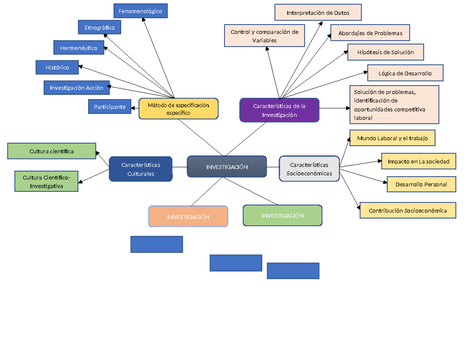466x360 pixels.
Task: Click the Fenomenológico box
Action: [x=141, y=11]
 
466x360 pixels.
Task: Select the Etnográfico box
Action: [x=99, y=28]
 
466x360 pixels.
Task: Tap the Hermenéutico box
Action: [x=79, y=48]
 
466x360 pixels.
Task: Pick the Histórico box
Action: [x=57, y=68]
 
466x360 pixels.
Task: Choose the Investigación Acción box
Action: [x=77, y=88]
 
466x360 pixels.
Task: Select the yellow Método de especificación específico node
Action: [x=179, y=109]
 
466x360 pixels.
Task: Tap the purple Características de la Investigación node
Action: [x=279, y=110]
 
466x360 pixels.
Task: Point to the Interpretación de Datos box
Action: [x=318, y=13]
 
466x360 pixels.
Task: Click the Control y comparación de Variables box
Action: [x=264, y=36]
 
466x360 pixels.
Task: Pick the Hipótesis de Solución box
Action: [x=385, y=52]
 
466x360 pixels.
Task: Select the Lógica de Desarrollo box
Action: [x=405, y=73]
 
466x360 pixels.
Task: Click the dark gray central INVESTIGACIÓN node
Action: [x=227, y=167]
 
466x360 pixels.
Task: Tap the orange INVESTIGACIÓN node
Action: [x=188, y=217]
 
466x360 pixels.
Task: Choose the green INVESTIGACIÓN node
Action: [x=282, y=216]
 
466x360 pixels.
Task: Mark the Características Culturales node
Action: [x=141, y=169]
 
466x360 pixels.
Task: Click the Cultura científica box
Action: [x=52, y=151]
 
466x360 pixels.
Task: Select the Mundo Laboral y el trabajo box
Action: [x=392, y=138]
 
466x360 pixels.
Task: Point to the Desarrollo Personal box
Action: [x=421, y=184]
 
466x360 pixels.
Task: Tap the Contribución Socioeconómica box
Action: [x=407, y=210]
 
